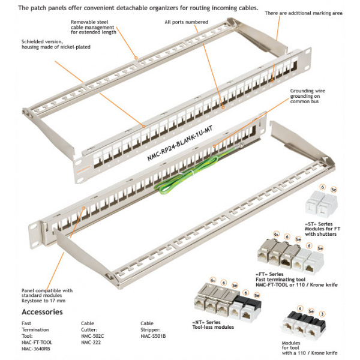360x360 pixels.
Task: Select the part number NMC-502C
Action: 93,336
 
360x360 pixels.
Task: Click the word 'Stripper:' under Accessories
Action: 152,329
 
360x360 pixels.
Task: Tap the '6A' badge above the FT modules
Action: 276,233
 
